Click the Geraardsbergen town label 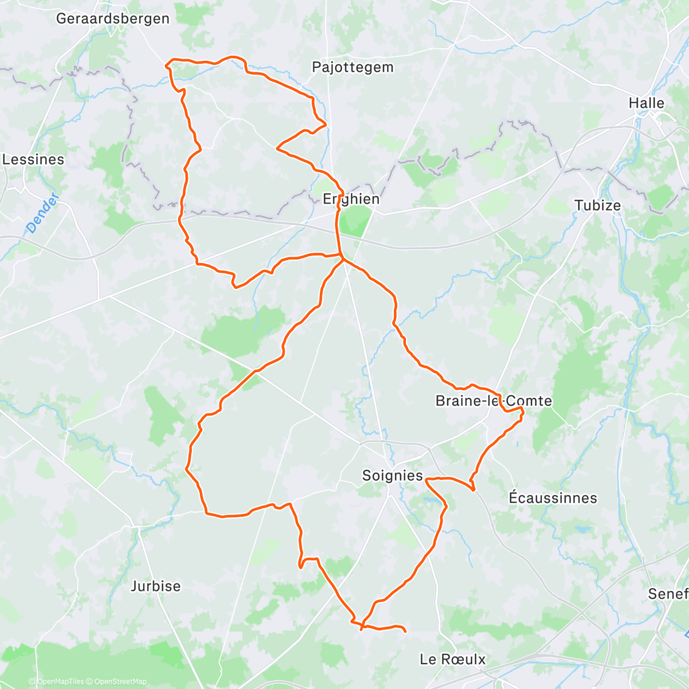click(113, 18)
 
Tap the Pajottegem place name click(353, 67)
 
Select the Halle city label click(646, 103)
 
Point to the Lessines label click(33, 159)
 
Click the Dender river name click(43, 213)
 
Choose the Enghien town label click(351, 199)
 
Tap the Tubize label click(598, 206)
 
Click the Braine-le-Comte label click(493, 401)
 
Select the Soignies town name click(392, 475)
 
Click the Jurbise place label click(156, 586)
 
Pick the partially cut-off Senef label click(668, 594)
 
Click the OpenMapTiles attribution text click(60, 682)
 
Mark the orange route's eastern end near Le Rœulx click(405, 632)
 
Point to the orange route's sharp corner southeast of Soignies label click(473, 490)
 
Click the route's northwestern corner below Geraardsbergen click(167, 64)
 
